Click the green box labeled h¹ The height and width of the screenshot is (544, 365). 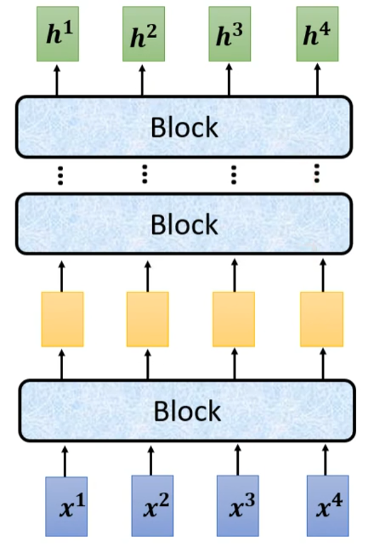coord(56,34)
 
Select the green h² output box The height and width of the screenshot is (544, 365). coord(143,34)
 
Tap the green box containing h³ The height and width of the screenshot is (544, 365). coord(230,34)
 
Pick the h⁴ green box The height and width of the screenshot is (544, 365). coord(318,34)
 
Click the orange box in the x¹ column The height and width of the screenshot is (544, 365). coord(62,319)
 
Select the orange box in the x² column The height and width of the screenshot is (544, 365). coord(148,319)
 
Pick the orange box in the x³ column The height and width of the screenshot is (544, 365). coord(234,319)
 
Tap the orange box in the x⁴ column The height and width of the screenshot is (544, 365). coord(321,319)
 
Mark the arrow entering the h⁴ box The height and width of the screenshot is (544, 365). coord(317,79)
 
